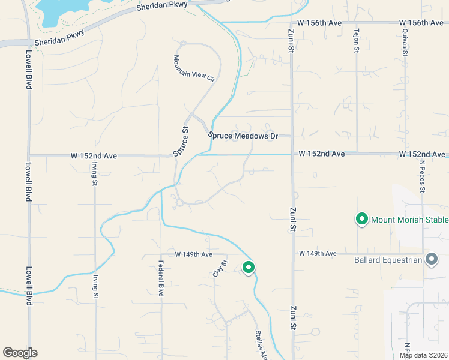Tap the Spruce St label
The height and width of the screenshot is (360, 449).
(x=181, y=142)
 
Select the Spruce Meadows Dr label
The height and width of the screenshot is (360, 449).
(x=243, y=136)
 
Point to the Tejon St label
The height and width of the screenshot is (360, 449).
(x=356, y=41)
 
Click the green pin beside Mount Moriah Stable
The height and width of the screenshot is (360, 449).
(x=362, y=220)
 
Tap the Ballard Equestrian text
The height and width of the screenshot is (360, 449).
(x=388, y=260)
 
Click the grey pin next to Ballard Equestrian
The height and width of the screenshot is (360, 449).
(x=432, y=259)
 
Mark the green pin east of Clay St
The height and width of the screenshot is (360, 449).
(x=249, y=268)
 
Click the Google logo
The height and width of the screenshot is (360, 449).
(x=19, y=353)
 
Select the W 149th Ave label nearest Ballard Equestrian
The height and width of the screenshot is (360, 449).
(x=318, y=254)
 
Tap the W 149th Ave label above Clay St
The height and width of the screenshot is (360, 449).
(x=194, y=254)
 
